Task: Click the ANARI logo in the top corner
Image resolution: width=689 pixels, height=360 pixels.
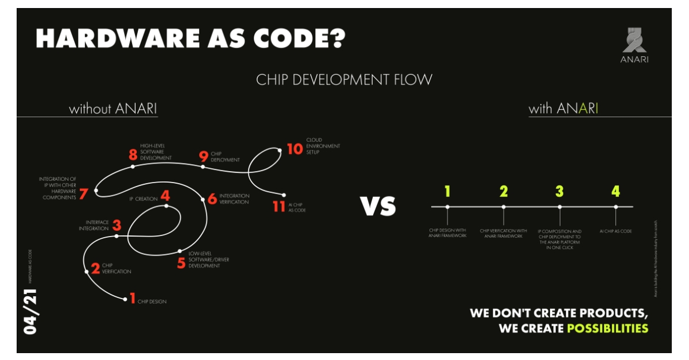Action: (634, 45)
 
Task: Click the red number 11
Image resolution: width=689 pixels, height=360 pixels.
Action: (279, 206)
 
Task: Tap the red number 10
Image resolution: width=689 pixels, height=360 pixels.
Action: (294, 149)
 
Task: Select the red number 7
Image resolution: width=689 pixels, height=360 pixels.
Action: (84, 193)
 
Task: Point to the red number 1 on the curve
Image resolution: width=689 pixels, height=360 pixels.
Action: (132, 297)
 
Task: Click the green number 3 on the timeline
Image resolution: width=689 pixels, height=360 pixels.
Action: (559, 191)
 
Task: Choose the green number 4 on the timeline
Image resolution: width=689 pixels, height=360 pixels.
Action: (616, 191)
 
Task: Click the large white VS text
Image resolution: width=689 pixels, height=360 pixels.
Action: (378, 206)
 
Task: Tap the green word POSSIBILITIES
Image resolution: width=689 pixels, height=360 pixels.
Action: (607, 328)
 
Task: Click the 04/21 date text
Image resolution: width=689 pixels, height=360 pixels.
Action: (30, 312)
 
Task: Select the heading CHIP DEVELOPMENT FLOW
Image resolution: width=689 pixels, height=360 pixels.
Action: (344, 79)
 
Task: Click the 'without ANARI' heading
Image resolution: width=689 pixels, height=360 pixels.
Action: (113, 109)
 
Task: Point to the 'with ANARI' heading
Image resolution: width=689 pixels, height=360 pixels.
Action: (563, 109)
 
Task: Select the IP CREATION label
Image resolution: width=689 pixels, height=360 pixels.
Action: (143, 199)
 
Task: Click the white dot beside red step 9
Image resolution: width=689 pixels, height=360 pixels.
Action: (203, 167)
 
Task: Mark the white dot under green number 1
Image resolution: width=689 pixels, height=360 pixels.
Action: (447, 207)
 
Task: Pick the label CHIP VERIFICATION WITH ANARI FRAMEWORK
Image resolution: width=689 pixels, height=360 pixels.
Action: (504, 233)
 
